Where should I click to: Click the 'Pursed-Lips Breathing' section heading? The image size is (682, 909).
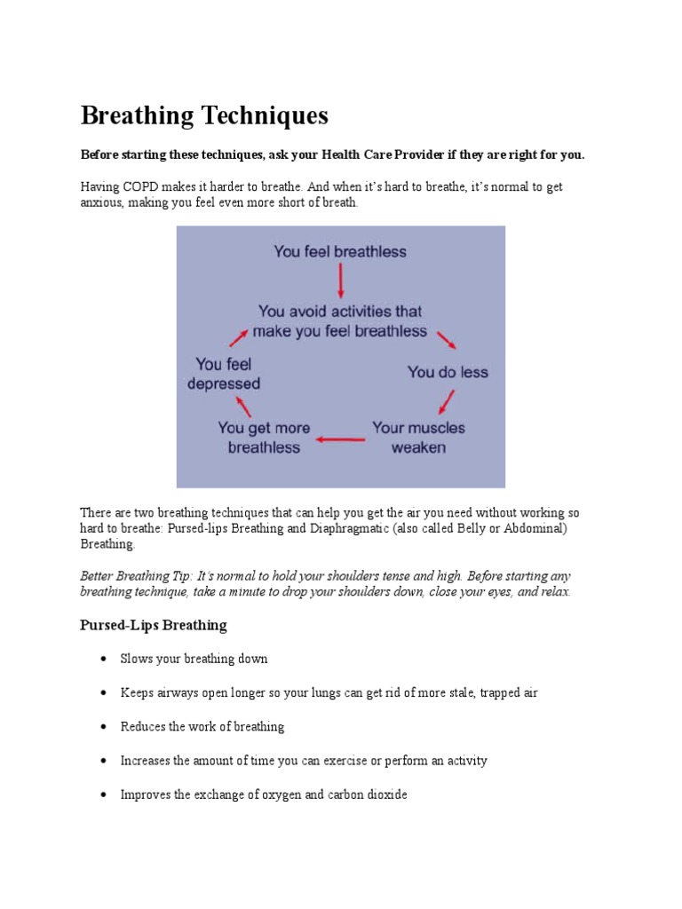154,625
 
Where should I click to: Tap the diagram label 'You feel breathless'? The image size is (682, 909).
340,251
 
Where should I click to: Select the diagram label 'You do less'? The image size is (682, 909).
448,372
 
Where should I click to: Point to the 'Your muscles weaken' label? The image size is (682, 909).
418,438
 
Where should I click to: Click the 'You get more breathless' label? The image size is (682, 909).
264,438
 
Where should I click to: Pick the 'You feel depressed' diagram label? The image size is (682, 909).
224,374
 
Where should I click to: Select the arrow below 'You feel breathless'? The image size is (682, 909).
341,281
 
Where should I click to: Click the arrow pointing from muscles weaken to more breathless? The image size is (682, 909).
342,439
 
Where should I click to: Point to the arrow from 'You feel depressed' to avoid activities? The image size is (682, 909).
239,336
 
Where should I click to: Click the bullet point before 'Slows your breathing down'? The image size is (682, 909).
103,660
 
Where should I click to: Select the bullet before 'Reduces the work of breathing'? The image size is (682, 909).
103,727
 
